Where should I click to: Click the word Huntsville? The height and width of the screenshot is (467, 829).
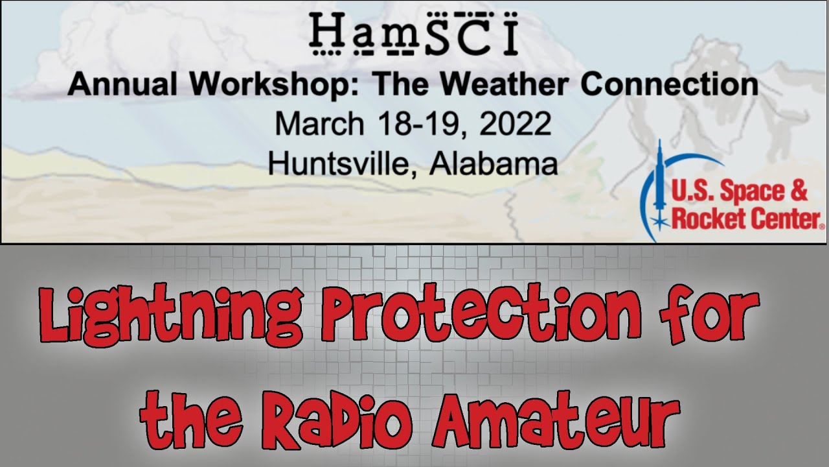pos(343,163)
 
